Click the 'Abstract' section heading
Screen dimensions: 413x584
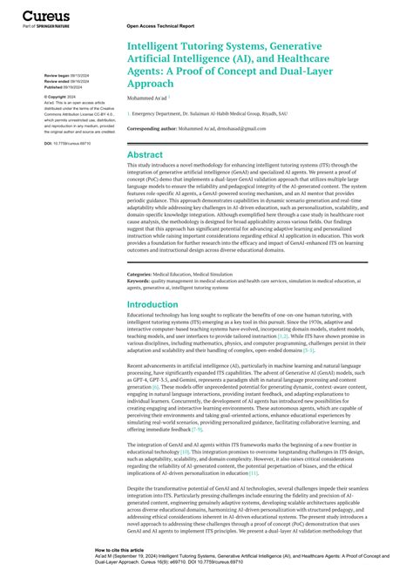point(146,154)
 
